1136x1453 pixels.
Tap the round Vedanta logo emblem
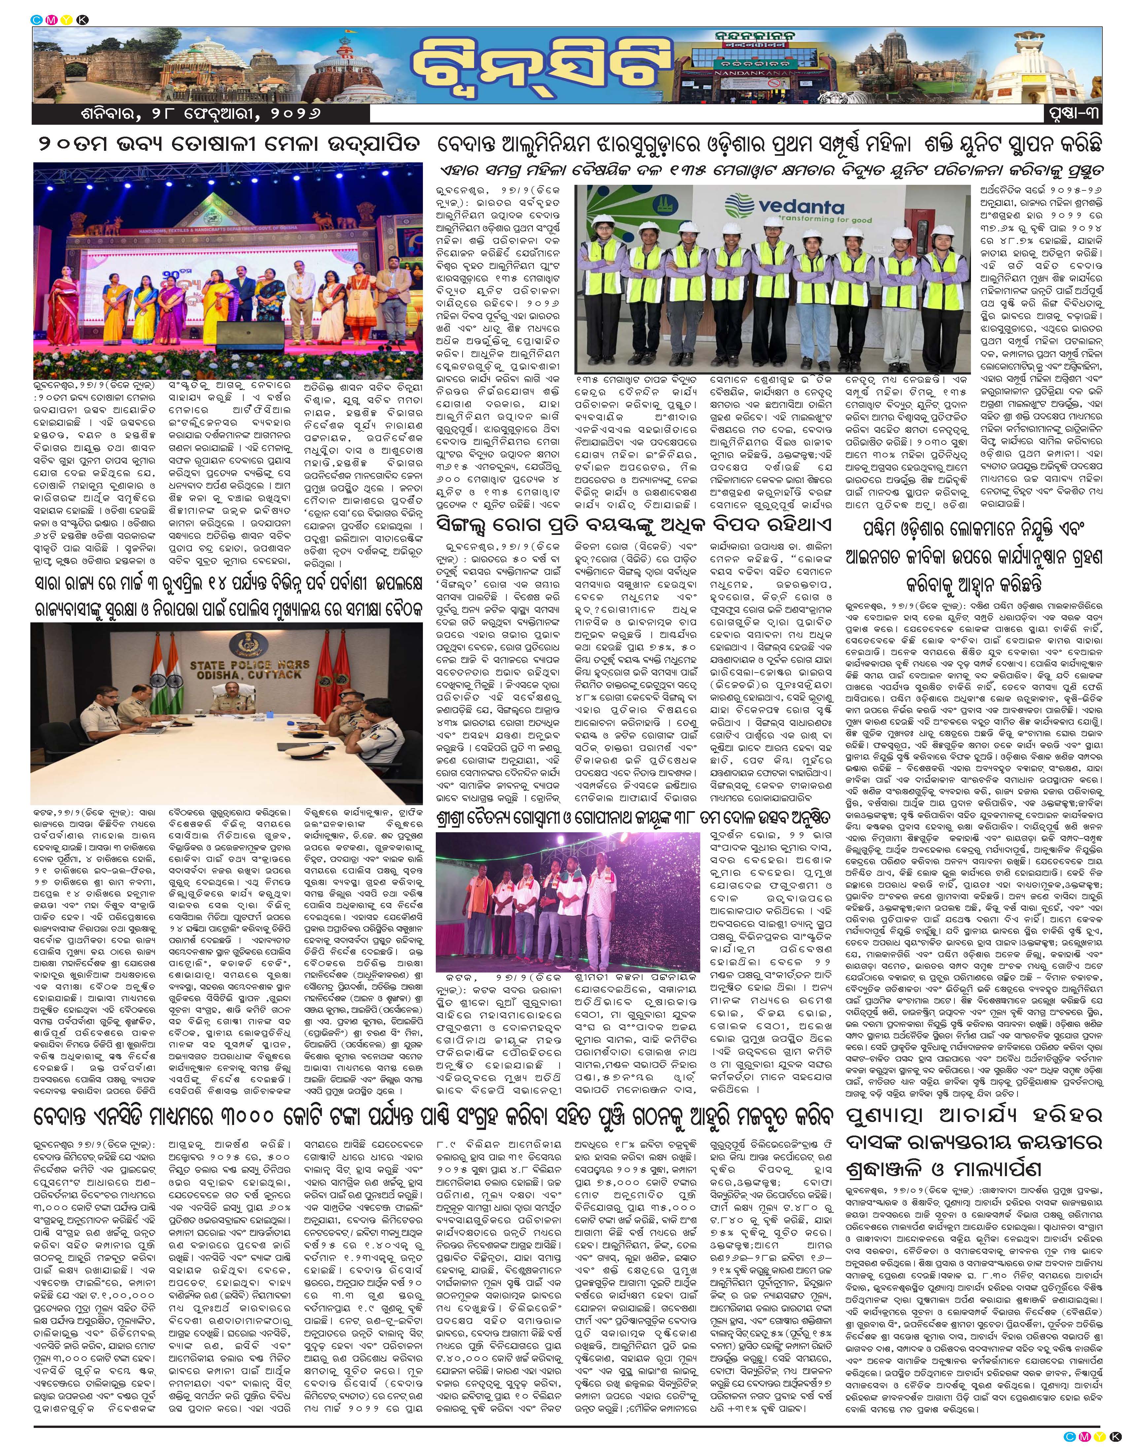coord(739,205)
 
